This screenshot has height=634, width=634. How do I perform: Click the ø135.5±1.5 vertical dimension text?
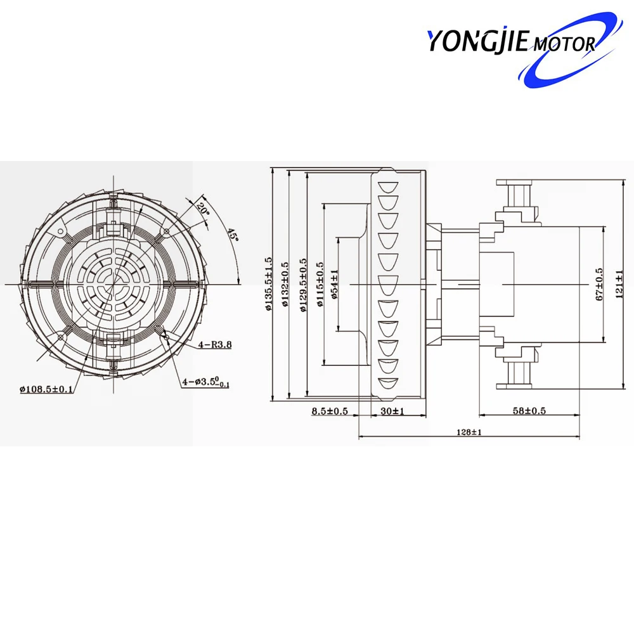269,283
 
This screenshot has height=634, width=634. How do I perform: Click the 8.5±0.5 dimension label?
330,411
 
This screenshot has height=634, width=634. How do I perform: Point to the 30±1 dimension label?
392,411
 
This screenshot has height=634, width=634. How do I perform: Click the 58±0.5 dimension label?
527,411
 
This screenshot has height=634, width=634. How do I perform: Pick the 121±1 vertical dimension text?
619,284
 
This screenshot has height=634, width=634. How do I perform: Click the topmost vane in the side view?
386,187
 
